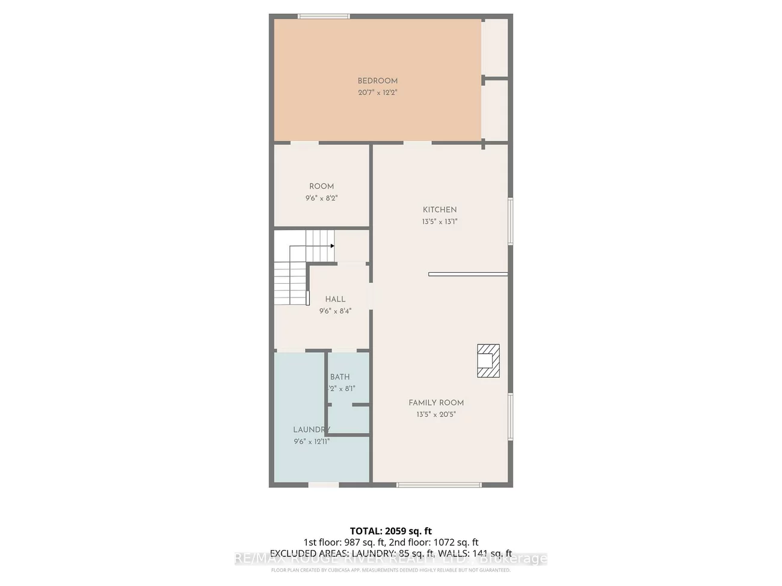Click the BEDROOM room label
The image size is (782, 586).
[377, 81]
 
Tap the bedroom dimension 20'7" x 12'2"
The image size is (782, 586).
[377, 93]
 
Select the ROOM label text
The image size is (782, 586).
[321, 186]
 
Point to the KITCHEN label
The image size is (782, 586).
[439, 210]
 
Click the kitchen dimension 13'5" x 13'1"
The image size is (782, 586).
[439, 222]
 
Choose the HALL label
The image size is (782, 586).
[335, 299]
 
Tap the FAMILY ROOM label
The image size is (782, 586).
[436, 403]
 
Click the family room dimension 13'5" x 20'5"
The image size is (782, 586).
[436, 415]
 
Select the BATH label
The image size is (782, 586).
[340, 377]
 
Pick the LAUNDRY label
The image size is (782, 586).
[311, 430]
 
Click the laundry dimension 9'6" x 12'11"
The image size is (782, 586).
[312, 442]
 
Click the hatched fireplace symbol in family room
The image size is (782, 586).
[488, 361]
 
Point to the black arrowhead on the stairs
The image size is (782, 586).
[332, 246]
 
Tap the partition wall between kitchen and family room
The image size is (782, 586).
[468, 275]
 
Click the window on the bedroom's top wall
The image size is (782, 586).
[324, 16]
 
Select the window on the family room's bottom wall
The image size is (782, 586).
[439, 484]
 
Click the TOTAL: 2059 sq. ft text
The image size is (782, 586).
[391, 531]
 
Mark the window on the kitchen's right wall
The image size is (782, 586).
[510, 221]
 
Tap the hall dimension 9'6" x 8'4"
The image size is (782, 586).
[335, 311]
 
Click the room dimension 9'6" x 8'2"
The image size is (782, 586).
[321, 198]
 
